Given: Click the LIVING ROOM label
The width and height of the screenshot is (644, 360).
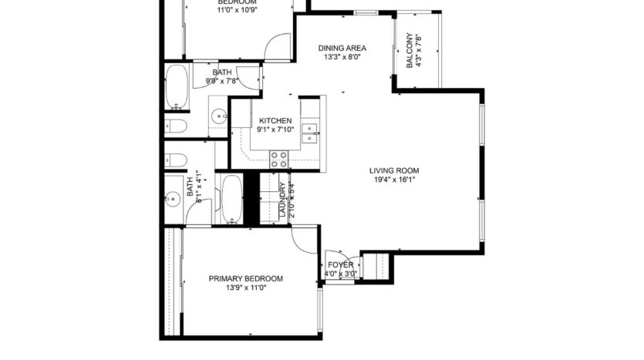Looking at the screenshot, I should coord(393,171).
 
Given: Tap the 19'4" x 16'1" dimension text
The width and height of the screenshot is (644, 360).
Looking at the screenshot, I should coord(393,181).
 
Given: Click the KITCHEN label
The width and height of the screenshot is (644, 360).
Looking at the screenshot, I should coord(275,121).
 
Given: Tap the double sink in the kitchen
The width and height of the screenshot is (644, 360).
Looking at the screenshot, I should coord(311,130).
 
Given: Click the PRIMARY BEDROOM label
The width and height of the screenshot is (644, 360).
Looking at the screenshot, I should coord(245,278).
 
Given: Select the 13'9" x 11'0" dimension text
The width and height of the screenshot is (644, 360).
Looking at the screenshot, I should coord(245,288).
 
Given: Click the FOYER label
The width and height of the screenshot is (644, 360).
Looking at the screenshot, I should coord(339,264).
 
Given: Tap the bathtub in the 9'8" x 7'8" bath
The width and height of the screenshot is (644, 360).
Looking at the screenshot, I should coord(177,86).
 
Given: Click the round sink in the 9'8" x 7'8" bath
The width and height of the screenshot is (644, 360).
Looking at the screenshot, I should coord(220,117).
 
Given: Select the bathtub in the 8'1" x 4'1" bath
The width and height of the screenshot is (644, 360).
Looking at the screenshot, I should coord(231,199).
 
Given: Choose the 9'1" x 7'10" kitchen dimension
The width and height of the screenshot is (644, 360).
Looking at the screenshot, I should coord(275,130).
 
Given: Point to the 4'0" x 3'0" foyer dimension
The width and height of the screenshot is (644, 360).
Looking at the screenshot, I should coord(339,274).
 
